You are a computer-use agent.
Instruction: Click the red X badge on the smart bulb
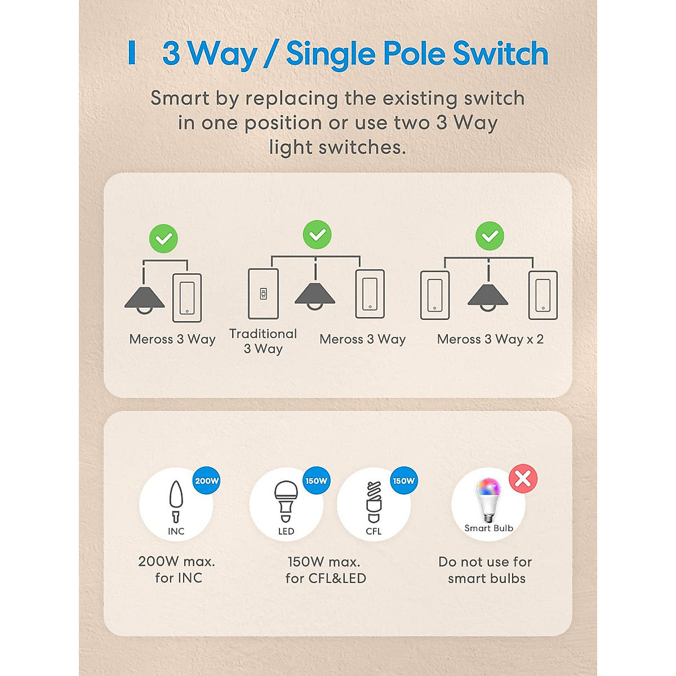coord(523,479)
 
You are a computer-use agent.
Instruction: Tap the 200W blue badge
coord(206,481)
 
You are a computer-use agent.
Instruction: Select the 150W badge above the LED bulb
coord(316,481)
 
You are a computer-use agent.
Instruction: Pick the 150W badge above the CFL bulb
coord(403,481)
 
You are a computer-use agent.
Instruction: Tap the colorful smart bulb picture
coord(488,499)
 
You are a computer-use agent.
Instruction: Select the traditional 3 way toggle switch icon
coord(263,293)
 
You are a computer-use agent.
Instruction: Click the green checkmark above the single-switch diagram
coord(163,239)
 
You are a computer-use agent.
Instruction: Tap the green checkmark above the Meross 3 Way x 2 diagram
coord(490,236)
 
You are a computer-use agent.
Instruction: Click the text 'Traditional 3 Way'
coord(263,341)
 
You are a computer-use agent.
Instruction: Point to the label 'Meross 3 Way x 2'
coord(490,339)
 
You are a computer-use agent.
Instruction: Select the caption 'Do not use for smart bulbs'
coord(486,570)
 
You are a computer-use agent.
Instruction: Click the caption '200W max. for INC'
coord(177,570)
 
